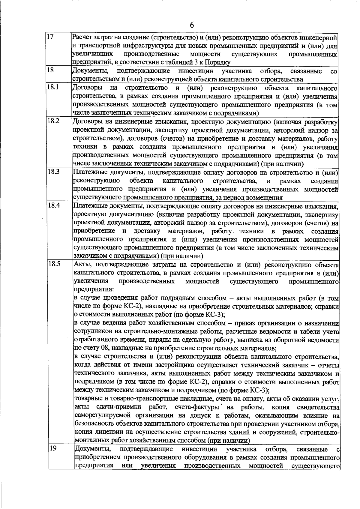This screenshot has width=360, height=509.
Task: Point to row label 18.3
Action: [53, 172]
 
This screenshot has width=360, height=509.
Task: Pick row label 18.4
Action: [54, 206]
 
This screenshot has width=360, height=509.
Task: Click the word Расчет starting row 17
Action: [82, 37]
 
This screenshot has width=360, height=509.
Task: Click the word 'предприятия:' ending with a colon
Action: [94, 290]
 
